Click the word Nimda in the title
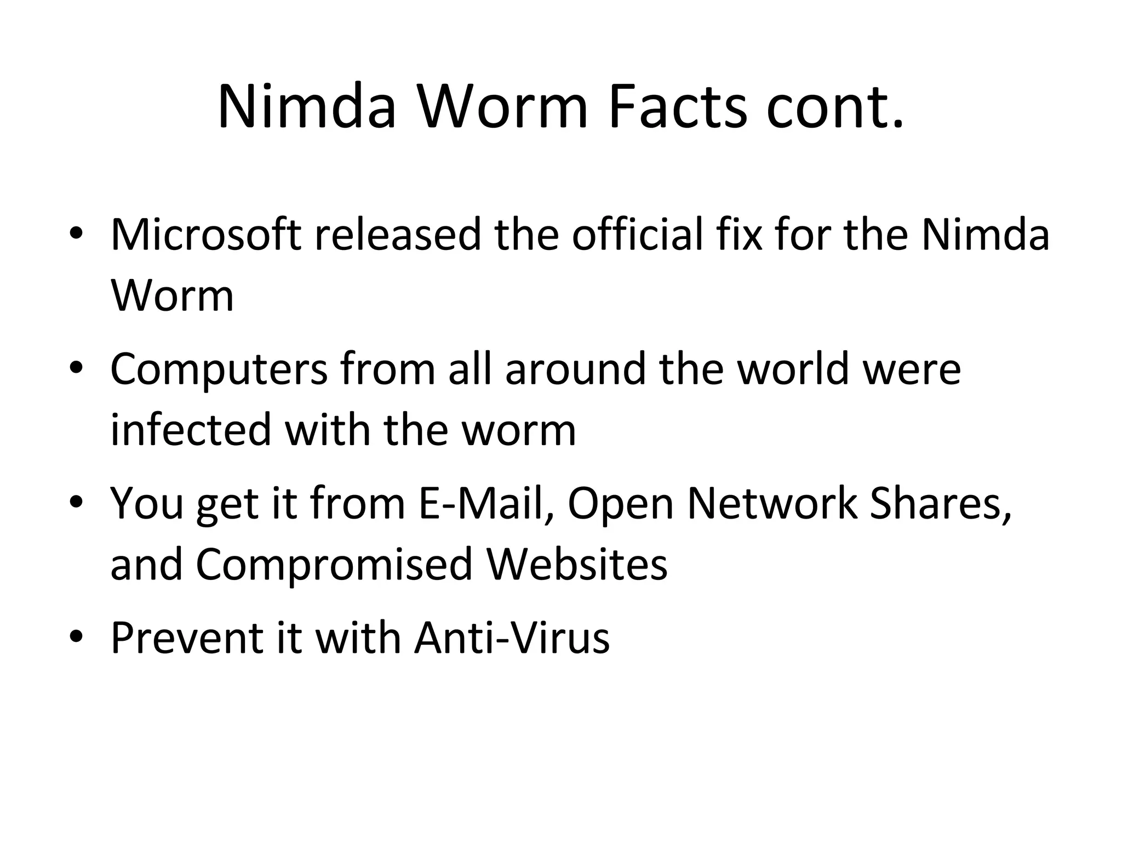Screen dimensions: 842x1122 click(x=307, y=106)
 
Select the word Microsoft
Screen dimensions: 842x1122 click(x=206, y=235)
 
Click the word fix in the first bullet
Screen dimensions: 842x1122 click(x=739, y=235)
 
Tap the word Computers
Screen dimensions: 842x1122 click(x=219, y=369)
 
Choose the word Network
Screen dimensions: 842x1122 click(x=772, y=503)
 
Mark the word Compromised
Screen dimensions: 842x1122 click(x=334, y=565)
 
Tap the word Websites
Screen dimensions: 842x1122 click(x=577, y=565)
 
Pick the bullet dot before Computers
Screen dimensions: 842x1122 click(x=76, y=368)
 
